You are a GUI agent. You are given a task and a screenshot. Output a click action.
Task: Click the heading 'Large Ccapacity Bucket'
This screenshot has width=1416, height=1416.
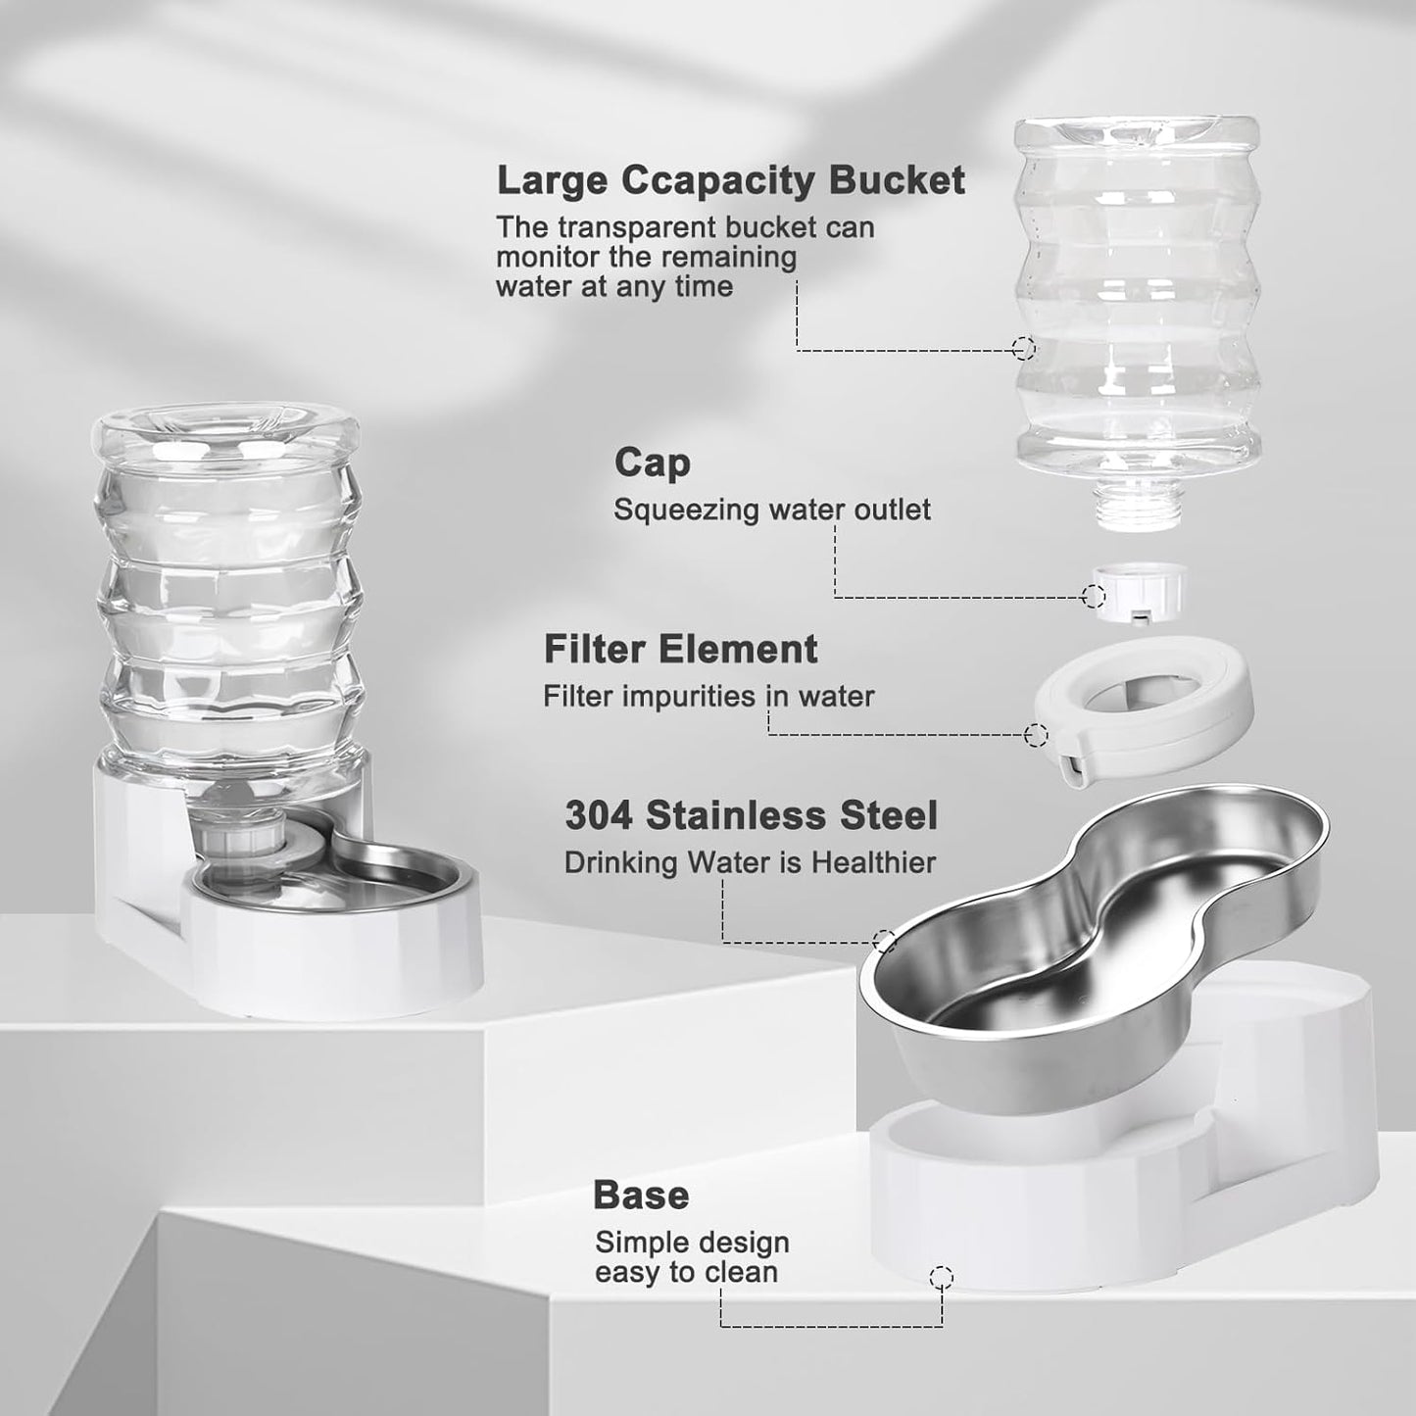point(730,181)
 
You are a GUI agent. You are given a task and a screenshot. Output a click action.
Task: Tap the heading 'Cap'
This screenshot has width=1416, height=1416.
point(652,463)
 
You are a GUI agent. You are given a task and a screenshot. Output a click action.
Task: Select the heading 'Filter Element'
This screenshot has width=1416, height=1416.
point(680,649)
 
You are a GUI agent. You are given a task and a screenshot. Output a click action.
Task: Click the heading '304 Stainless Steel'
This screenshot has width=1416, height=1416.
point(751,815)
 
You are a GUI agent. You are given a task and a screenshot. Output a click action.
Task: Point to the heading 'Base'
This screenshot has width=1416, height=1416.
point(641,1195)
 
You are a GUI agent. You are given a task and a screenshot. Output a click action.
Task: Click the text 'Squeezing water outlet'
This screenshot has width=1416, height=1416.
point(771,510)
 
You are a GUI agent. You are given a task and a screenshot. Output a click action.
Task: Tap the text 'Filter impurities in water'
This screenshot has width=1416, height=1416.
point(708,696)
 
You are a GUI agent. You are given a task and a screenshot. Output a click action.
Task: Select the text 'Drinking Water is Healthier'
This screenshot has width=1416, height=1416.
point(750,862)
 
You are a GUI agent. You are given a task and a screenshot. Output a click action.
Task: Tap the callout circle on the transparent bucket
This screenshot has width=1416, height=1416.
point(1023,347)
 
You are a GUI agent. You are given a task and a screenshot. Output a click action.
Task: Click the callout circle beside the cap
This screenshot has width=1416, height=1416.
point(1094,595)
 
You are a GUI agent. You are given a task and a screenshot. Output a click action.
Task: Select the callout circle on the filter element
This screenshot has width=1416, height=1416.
point(1035,734)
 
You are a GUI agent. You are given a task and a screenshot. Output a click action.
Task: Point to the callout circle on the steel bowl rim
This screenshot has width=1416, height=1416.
point(884,942)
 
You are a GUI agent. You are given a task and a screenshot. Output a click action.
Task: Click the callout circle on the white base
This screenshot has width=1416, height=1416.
point(941,1277)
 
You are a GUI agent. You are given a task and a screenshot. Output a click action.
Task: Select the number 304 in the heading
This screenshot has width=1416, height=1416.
point(599,815)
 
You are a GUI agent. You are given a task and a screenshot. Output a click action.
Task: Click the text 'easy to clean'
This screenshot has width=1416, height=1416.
point(686,1272)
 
